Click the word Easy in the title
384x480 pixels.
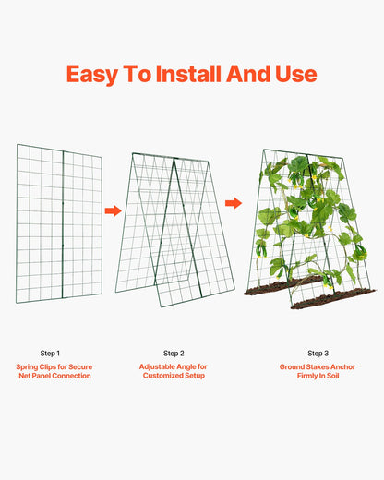pos(99,74)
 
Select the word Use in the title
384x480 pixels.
pos(294,74)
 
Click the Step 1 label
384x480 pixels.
pos(50,354)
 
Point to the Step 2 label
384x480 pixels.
pos(174,354)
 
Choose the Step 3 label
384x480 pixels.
pos(318,354)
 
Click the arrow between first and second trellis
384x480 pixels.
pos(113,211)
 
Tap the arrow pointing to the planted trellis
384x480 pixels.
pos(234,202)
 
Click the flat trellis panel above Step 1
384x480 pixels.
pos(61,222)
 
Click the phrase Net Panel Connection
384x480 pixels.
pos(53,377)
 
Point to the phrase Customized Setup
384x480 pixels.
pos(174,377)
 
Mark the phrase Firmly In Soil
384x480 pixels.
pos(318,377)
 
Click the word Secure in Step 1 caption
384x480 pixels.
pos(79,366)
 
